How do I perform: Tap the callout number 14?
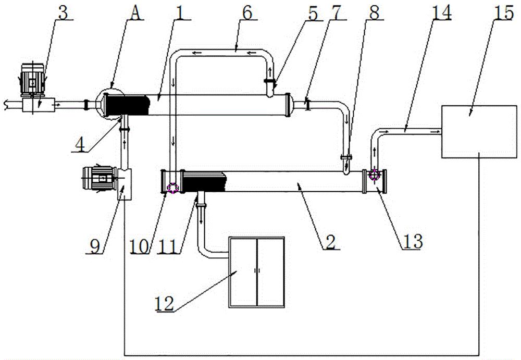[x=441, y=13]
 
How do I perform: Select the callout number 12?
[x=164, y=304]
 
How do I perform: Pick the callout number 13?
[x=412, y=241]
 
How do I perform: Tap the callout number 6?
[x=247, y=13]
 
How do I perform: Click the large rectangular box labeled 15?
[x=479, y=132]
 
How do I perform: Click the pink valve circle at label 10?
[x=173, y=188]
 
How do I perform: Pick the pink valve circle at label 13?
[x=375, y=175]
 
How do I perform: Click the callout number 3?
[x=63, y=12]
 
